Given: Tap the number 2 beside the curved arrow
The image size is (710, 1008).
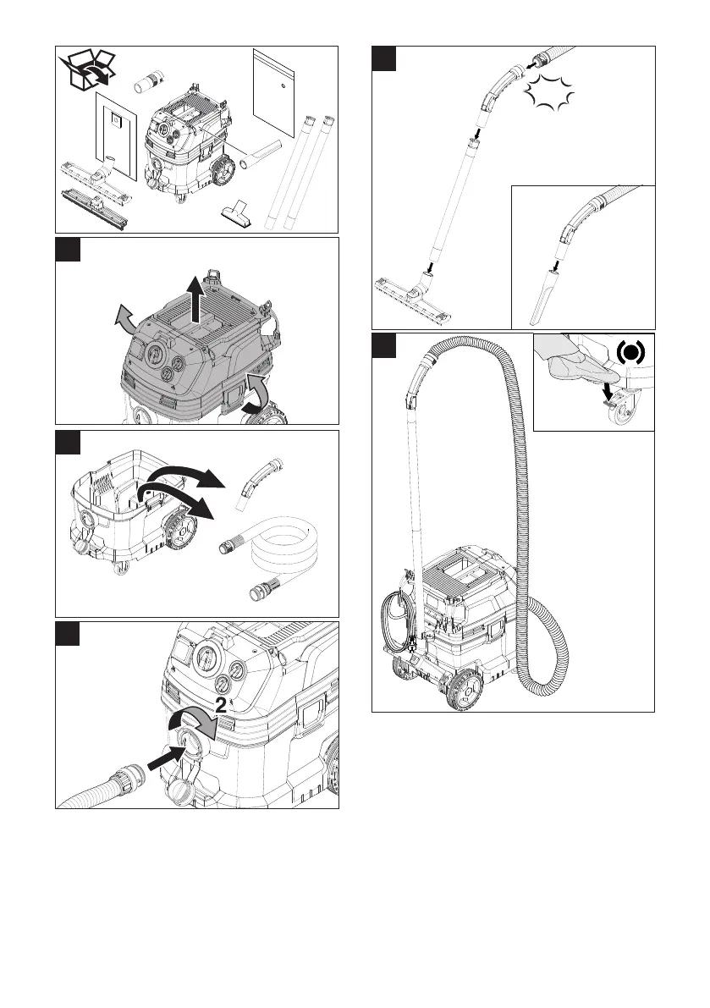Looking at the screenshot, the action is point(220,703).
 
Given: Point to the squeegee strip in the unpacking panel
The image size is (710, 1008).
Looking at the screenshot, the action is point(93,207).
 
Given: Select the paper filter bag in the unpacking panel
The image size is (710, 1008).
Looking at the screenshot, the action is point(115,135).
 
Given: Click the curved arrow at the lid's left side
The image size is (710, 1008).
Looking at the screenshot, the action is point(126,320).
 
